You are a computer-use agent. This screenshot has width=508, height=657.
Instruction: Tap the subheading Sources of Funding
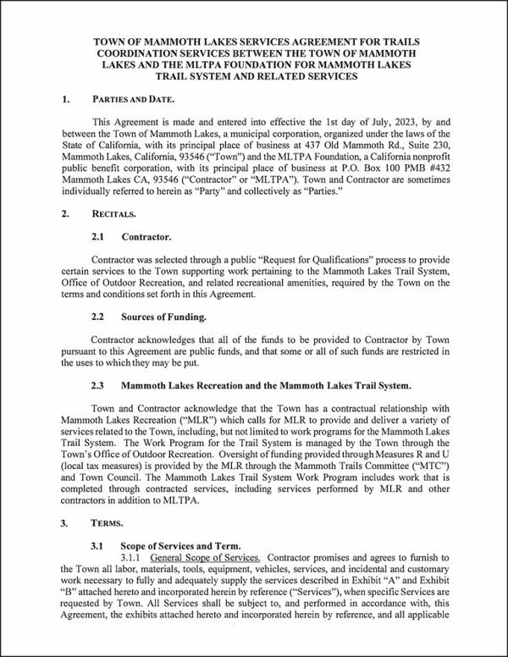pos(163,317)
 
